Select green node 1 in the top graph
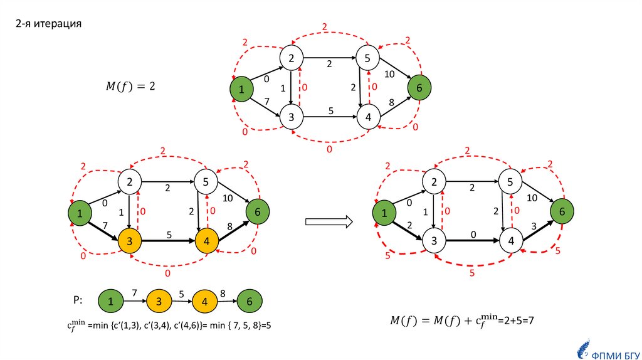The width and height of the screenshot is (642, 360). pyautogui.click(x=241, y=89)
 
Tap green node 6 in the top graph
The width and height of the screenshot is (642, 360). pyautogui.click(x=419, y=88)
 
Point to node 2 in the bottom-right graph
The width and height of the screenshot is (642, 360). pyautogui.click(x=432, y=183)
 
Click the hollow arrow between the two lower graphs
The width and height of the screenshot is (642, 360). pyautogui.click(x=329, y=221)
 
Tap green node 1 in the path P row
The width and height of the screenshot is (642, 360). pyautogui.click(x=110, y=302)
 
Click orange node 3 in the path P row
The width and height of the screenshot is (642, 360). pyautogui.click(x=159, y=302)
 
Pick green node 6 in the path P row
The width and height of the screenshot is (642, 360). pyautogui.click(x=250, y=302)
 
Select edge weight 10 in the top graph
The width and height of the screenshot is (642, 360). pyautogui.click(x=390, y=73)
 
